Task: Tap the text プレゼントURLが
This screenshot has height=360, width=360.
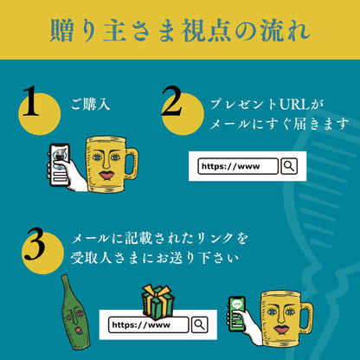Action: tap(266, 104)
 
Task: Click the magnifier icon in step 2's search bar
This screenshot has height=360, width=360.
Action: tap(289, 166)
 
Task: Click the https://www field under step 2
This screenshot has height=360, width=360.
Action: tap(237, 166)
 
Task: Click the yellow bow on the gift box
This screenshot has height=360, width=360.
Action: tap(157, 292)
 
